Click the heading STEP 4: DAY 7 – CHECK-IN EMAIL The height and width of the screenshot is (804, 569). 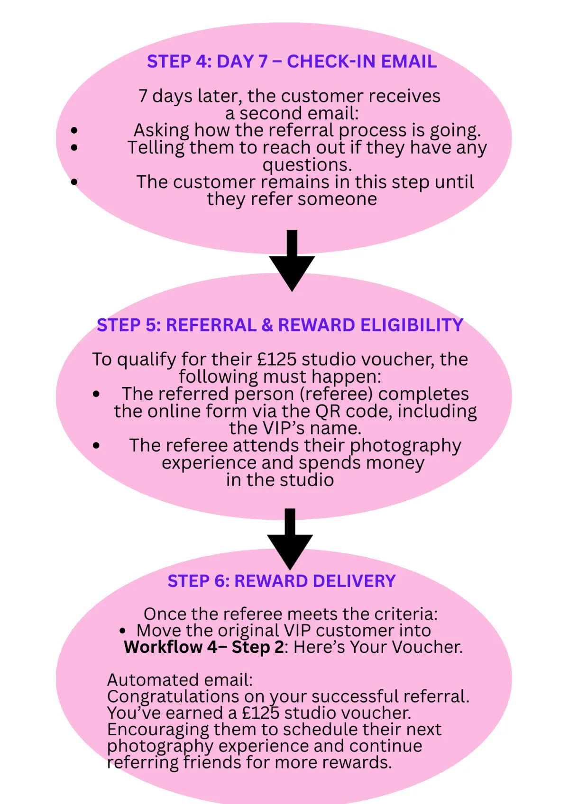(x=292, y=62)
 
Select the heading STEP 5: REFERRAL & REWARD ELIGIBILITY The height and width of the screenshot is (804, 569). (x=280, y=325)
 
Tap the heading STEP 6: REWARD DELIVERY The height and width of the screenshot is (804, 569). (x=281, y=581)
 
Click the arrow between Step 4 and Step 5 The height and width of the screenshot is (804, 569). (x=292, y=261)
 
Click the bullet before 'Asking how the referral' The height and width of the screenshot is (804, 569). (x=74, y=130)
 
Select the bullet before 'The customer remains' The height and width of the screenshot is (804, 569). (x=74, y=182)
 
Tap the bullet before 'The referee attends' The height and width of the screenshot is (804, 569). (x=97, y=445)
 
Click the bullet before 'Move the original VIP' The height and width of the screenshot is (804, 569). (x=123, y=631)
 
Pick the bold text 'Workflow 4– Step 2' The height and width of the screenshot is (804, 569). (x=204, y=647)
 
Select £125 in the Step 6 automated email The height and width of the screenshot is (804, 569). (x=260, y=713)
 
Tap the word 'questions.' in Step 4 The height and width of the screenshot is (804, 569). (x=307, y=165)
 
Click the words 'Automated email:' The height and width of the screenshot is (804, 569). (x=180, y=680)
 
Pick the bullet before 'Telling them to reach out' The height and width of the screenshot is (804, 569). (x=74, y=148)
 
